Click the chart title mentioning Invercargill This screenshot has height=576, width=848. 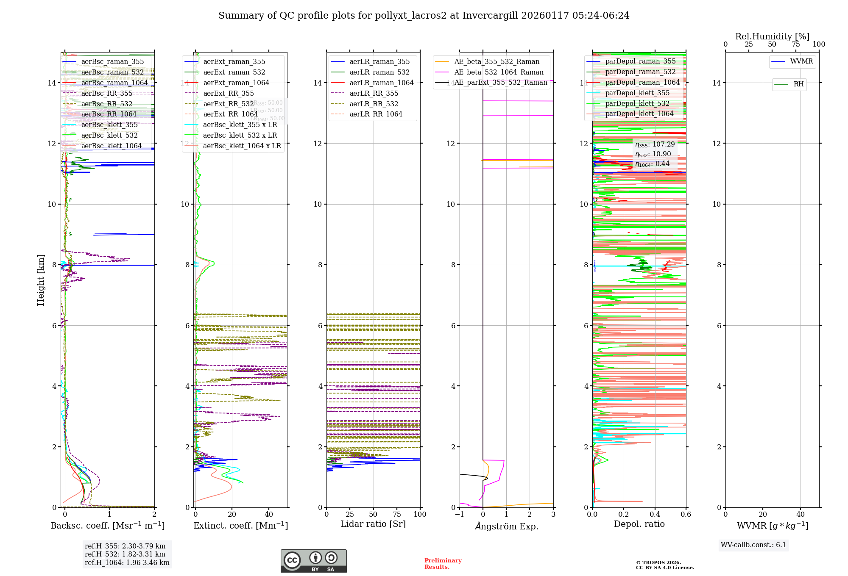424,16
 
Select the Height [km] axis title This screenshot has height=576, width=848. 41,280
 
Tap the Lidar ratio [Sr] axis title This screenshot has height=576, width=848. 373,524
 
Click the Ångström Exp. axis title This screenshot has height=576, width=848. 506,526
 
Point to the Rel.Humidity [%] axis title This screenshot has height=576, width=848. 772,36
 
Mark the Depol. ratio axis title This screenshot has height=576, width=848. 639,524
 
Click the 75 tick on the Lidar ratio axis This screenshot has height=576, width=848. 397,514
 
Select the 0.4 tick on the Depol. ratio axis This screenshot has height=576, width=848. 655,514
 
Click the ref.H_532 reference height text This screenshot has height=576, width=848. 125,554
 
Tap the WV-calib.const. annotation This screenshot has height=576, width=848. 753,545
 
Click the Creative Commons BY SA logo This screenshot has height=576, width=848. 313,561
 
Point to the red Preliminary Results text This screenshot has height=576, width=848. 443,563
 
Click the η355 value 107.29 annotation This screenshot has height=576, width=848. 655,144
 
